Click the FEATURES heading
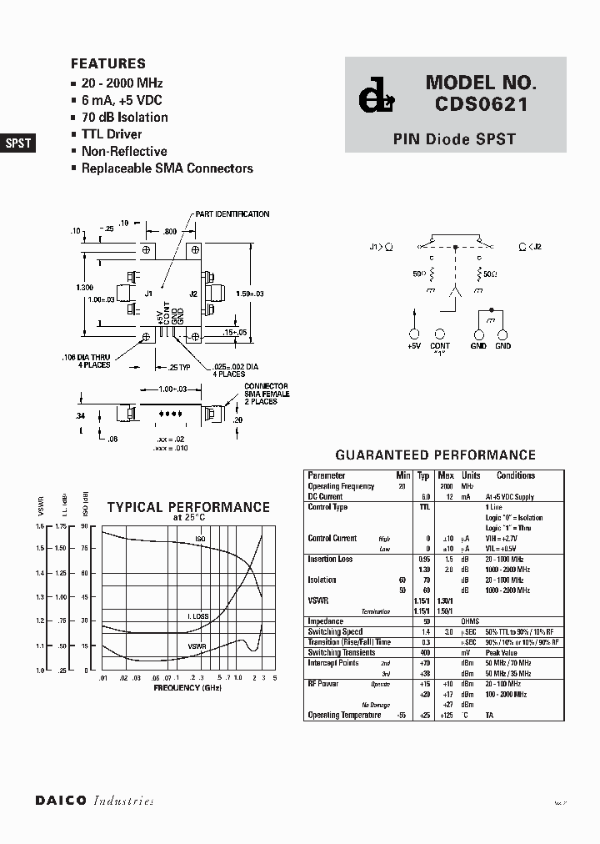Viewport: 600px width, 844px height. point(108,63)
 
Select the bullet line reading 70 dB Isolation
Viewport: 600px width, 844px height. point(124,118)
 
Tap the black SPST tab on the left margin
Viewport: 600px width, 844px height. point(18,143)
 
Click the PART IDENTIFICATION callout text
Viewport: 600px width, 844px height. point(232,214)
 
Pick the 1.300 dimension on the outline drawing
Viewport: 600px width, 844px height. point(84,288)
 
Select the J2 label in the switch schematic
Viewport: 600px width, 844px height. point(537,247)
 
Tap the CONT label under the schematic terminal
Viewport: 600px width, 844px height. point(439,346)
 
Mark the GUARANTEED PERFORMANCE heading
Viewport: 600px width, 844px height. point(435,455)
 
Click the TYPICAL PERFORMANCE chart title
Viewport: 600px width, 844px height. point(188,507)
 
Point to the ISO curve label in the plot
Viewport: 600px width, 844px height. point(200,540)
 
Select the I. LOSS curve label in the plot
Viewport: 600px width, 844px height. point(197,615)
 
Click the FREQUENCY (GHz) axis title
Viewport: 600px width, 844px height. point(187,687)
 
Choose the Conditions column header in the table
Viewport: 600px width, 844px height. point(516,475)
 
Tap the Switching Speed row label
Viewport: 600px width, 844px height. point(335,632)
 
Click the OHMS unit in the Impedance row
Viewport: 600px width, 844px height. point(471,621)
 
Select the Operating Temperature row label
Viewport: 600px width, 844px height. point(344,715)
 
